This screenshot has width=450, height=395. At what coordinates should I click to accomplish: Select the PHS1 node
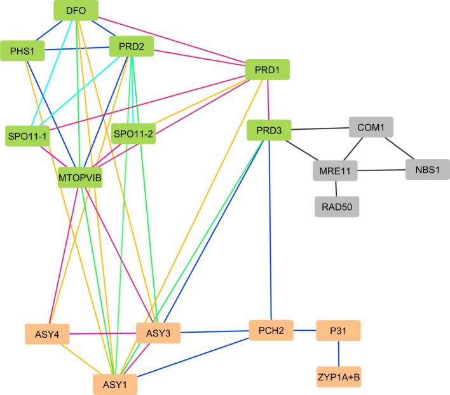[x=22, y=51]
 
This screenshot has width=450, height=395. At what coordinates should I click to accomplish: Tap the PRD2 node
[x=130, y=46]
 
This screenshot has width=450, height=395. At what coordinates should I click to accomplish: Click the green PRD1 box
[x=268, y=69]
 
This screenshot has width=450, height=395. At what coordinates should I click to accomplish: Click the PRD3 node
[x=268, y=131]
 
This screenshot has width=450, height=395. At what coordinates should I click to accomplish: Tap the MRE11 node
[x=336, y=170]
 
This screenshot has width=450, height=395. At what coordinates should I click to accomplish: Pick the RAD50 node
[x=337, y=206]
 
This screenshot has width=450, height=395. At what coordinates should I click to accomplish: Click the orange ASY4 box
[x=46, y=333]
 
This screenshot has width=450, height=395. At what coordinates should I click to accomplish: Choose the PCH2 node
[x=271, y=331]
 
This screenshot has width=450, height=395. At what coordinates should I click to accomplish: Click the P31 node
[x=338, y=331]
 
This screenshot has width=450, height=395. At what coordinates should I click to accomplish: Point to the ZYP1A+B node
[x=339, y=377]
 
